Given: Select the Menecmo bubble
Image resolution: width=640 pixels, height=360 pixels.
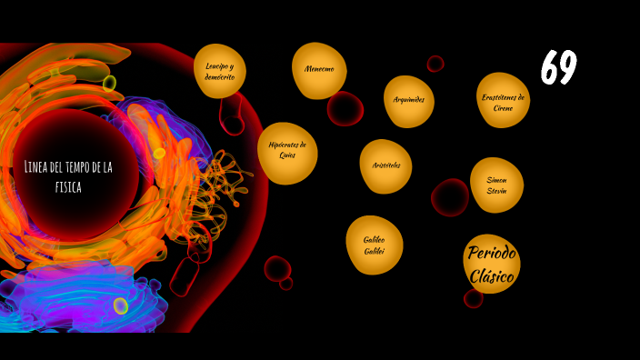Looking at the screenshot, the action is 319,70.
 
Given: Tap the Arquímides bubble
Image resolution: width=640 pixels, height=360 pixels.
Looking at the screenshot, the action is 409,100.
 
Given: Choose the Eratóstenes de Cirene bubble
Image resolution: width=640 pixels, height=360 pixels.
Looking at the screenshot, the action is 503,100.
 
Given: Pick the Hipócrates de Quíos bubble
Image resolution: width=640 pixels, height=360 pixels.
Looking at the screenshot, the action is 287,152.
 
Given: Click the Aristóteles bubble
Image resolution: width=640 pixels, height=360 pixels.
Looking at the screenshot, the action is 385,165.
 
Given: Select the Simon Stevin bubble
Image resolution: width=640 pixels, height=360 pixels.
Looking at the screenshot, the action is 496,185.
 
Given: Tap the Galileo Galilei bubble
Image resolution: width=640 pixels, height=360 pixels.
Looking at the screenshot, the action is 374,245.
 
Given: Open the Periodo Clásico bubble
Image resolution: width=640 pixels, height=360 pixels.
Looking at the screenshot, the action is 491,264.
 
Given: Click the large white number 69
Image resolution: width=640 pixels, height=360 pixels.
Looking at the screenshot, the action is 558,68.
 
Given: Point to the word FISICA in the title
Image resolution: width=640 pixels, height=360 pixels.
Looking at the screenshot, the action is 68,187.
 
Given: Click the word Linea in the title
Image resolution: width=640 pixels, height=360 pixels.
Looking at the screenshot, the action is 39,166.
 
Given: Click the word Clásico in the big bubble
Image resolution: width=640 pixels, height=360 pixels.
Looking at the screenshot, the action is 492,275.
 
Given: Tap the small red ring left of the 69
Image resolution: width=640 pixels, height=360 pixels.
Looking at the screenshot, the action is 435,64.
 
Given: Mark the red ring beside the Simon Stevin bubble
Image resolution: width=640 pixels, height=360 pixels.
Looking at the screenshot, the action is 450,197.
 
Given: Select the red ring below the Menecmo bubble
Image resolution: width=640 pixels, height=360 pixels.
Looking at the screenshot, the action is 345,109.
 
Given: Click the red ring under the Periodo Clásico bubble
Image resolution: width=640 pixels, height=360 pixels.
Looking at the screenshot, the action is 473,298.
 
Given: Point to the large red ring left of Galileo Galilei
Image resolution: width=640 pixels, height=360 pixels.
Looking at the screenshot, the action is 276,268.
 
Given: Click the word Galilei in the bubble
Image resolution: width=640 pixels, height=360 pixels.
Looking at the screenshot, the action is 375,250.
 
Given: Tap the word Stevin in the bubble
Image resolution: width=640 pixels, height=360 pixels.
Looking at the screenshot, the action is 496,191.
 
